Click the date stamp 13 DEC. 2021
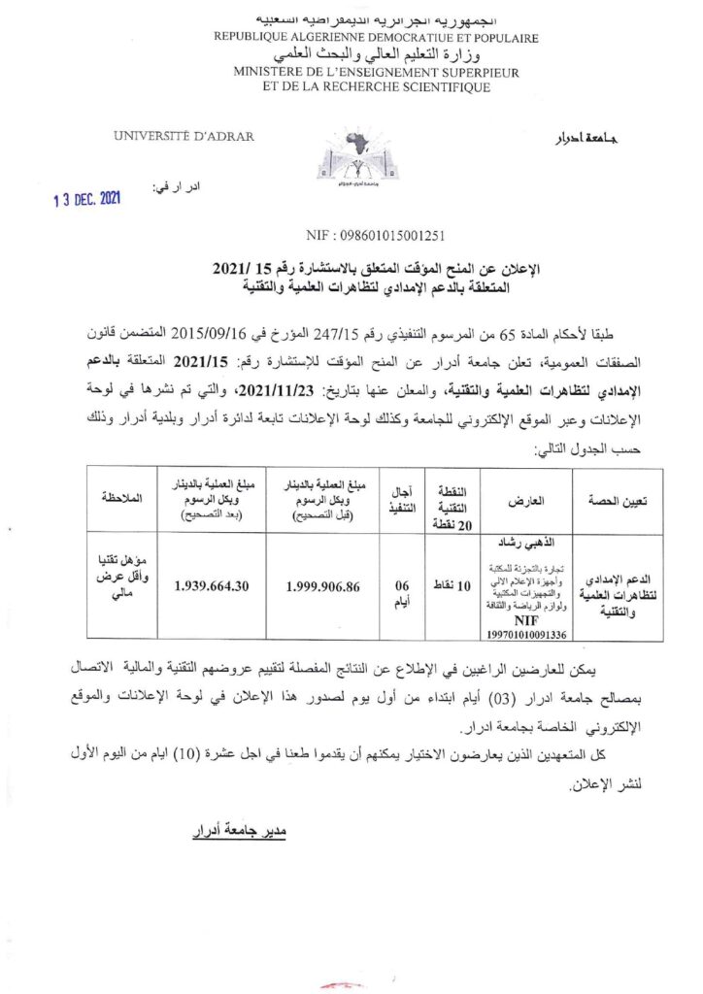pos(86,199)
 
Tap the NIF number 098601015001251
pos(349,235)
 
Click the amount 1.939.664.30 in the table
pos(227,586)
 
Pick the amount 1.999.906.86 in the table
pos(335,586)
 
